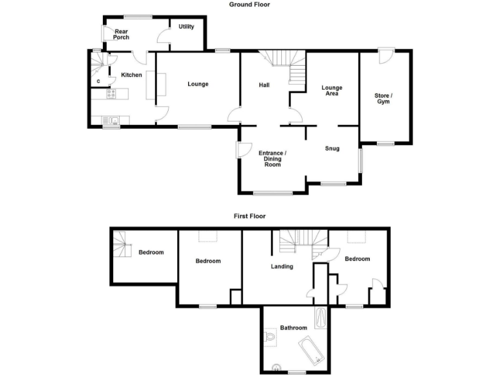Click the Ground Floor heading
249,5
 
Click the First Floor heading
250,215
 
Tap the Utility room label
186,27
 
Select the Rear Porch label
121,34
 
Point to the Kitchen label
132,75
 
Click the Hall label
264,85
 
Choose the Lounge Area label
331,90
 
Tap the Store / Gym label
383,99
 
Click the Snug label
333,148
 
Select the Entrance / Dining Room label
273,159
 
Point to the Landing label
283,266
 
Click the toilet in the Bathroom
271,337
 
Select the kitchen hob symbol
111,94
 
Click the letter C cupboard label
98,81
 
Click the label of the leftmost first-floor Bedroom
151,253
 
